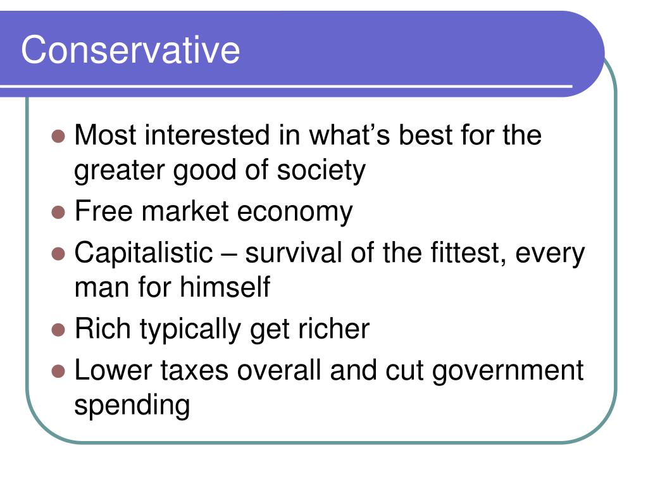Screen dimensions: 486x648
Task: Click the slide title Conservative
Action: [130, 50]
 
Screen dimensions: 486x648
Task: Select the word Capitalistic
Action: [144, 254]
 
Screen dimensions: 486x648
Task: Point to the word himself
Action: [225, 288]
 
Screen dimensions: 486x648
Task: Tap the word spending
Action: [132, 406]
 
